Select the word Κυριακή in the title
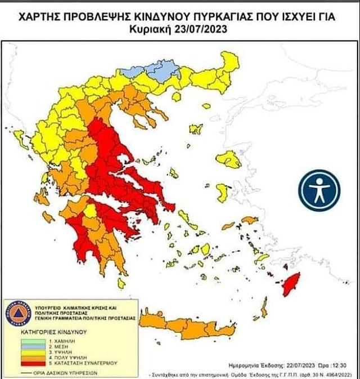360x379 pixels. point(155,29)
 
